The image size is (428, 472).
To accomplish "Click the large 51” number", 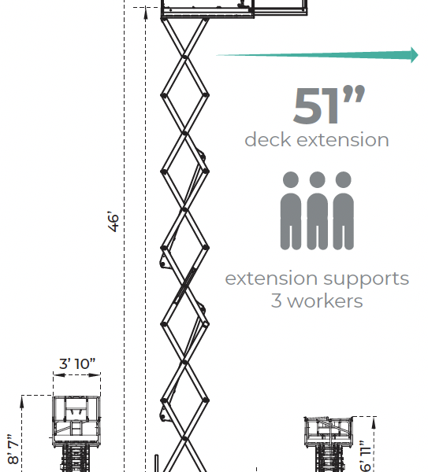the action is click(x=329, y=105).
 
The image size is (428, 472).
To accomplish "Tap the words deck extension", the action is click(x=317, y=140).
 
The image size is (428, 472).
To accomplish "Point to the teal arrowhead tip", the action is click(x=418, y=55).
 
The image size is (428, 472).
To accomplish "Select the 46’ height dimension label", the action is click(x=114, y=222).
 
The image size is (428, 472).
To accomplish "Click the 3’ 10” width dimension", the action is click(x=77, y=363).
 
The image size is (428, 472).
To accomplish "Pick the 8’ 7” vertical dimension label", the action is click(x=13, y=449).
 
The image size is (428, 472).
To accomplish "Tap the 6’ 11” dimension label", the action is click(x=365, y=456).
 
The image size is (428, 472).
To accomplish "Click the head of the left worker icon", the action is click(x=291, y=179).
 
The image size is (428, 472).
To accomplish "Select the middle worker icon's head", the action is click(x=317, y=179).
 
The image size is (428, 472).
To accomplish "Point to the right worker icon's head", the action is click(x=343, y=179).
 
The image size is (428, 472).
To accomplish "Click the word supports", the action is click(x=367, y=279).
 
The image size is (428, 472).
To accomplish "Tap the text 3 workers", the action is click(x=317, y=301).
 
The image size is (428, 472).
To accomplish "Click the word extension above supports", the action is click(x=271, y=278).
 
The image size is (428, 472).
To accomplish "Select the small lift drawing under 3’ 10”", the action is click(x=76, y=434).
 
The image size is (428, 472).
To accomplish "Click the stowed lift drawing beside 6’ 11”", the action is click(x=329, y=444).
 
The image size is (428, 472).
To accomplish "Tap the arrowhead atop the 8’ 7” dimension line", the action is click(x=22, y=401).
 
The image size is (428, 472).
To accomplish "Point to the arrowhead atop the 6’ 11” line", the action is click(x=374, y=422).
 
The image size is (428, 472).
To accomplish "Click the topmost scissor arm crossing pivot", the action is click(x=184, y=57).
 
